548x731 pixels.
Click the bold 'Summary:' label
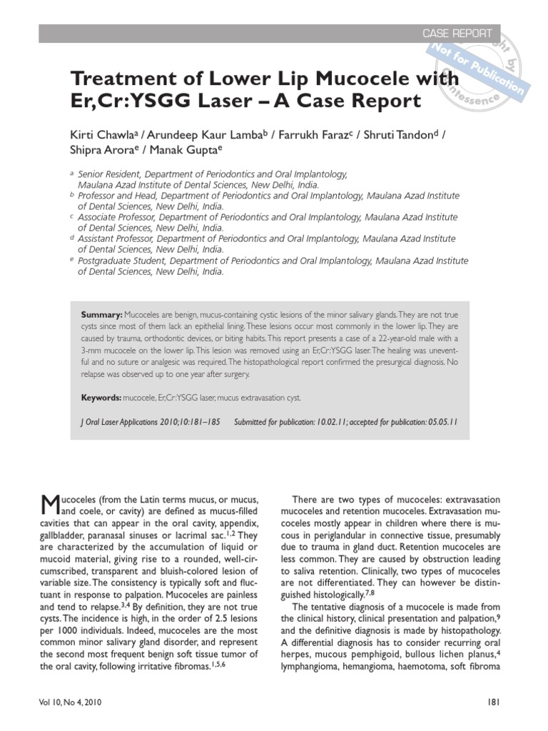(x=101, y=315)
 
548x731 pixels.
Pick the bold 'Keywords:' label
(x=101, y=396)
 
